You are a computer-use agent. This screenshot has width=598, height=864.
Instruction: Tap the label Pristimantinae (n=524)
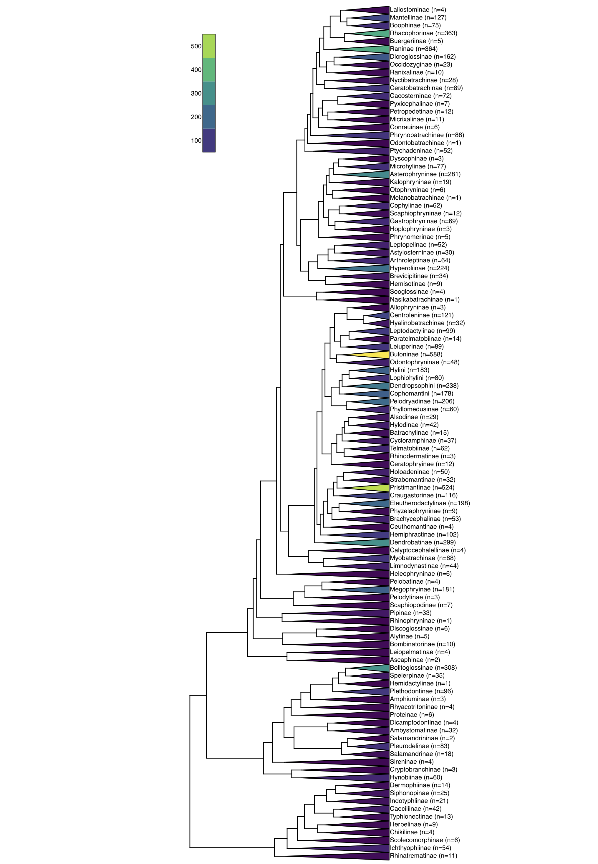coord(422,487)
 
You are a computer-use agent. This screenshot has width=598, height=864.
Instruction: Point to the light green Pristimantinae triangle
coord(377,487)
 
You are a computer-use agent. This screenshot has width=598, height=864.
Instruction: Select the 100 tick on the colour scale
coord(196,141)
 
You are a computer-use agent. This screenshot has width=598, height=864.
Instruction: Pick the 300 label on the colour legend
coord(196,94)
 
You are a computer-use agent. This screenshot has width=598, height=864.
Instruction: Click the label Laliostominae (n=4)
coord(418,10)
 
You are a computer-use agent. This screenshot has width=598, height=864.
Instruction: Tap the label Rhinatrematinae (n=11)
coord(423,856)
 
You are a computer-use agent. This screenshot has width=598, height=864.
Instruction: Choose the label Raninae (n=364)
coord(414,49)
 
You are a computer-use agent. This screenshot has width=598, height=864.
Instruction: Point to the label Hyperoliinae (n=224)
coord(419,268)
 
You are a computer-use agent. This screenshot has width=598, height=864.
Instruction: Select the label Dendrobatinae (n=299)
coord(423,542)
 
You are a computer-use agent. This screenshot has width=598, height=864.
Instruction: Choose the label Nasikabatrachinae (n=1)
coord(425,299)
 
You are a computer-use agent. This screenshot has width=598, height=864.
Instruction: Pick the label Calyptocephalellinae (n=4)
coord(428,550)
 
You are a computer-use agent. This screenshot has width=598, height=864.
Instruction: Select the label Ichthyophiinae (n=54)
coord(420,848)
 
